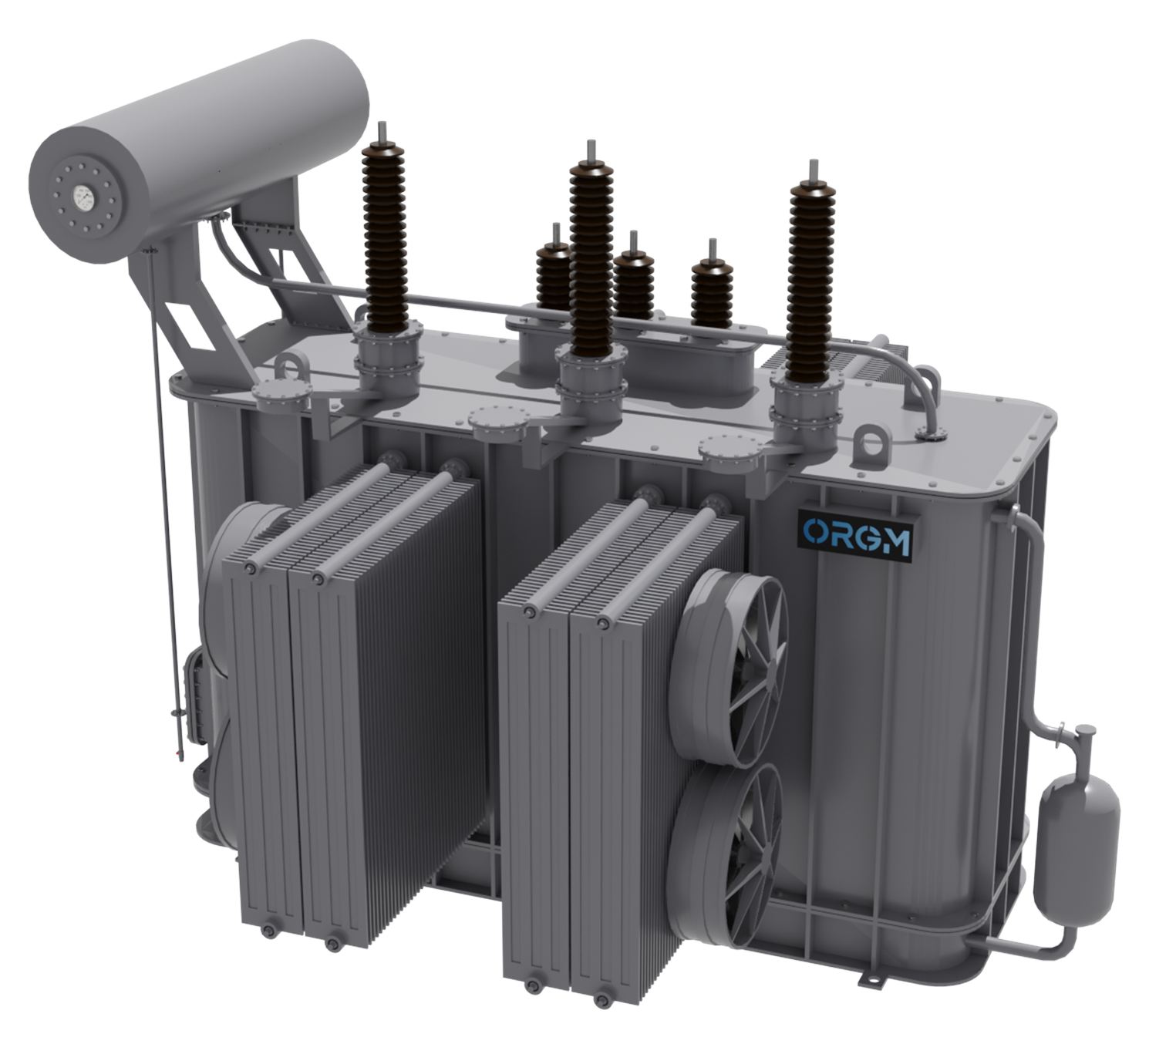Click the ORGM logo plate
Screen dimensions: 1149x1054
856,534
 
